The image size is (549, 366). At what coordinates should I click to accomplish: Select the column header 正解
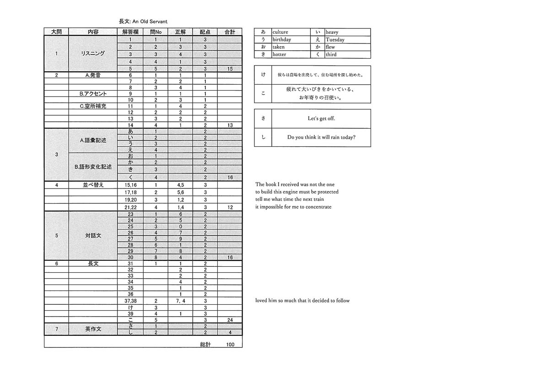click(181, 32)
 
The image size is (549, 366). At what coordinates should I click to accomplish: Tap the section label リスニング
click(93, 54)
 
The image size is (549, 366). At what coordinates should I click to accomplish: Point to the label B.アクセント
click(93, 94)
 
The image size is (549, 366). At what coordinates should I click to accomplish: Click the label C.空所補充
click(93, 106)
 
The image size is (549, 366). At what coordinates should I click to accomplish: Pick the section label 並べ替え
click(93, 185)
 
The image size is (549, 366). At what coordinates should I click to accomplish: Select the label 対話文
click(93, 236)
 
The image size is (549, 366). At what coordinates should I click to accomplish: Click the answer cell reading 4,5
click(181, 185)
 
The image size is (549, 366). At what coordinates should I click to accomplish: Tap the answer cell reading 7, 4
click(181, 301)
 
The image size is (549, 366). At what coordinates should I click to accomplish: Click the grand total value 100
click(230, 344)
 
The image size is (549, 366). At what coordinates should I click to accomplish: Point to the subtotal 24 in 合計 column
click(230, 320)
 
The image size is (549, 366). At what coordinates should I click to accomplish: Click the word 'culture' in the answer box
click(280, 32)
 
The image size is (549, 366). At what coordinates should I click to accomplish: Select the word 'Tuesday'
click(335, 40)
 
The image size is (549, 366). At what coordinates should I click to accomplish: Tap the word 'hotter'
click(280, 54)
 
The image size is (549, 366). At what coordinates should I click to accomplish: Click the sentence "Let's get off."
click(321, 118)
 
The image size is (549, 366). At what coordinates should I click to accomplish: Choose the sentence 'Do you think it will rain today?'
click(321, 137)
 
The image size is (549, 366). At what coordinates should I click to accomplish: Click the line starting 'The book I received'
click(295, 184)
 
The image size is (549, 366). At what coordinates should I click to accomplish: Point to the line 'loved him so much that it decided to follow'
click(302, 301)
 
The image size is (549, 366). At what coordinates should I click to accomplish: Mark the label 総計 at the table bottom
click(205, 344)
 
